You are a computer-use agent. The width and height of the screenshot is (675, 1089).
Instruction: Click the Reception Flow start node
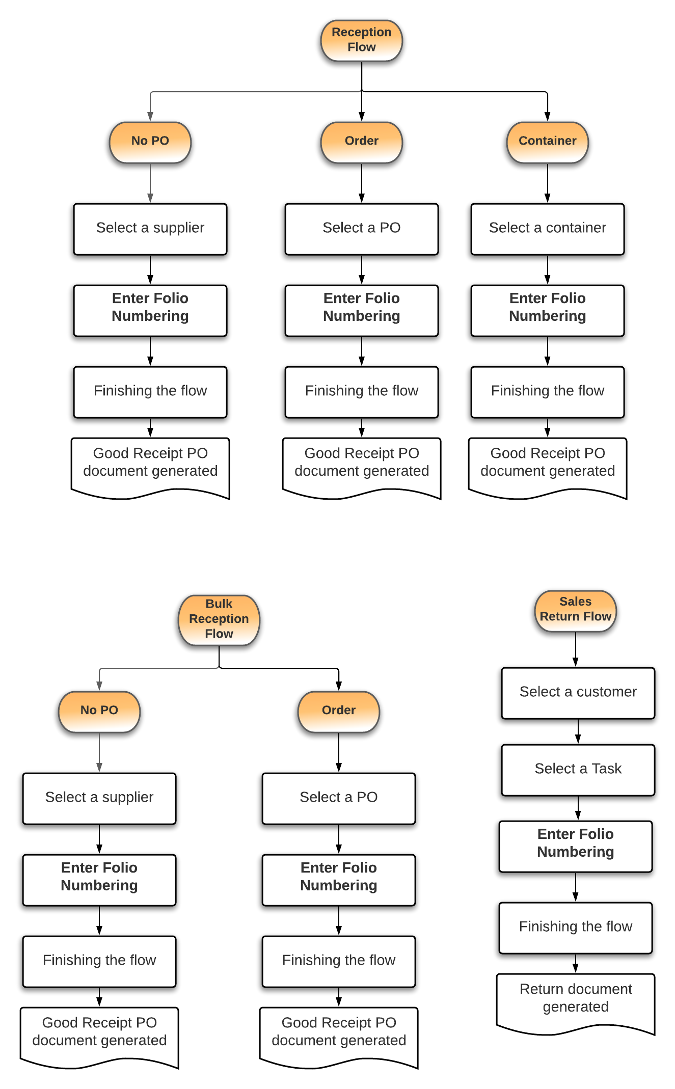pos(361,40)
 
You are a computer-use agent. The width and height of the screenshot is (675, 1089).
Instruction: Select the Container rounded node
pos(547,142)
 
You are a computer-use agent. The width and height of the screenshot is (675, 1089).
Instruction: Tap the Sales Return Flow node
pos(575,610)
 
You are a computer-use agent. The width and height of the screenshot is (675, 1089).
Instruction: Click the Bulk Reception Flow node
pos(219,619)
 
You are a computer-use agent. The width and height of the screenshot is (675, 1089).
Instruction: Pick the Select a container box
pos(547,229)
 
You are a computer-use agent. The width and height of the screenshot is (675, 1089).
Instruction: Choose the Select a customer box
pos(578,693)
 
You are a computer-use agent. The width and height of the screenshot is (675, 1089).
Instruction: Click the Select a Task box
pos(578,769)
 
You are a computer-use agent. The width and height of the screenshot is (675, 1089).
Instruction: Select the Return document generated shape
pos(576,999)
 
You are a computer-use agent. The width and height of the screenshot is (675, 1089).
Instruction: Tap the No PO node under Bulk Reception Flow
pos(99,711)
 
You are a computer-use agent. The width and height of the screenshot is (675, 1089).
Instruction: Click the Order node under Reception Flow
pos(361,142)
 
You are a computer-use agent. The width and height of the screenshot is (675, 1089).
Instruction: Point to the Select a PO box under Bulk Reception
pos(338,798)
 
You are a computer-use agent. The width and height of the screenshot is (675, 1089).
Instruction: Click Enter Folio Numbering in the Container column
pos(547,309)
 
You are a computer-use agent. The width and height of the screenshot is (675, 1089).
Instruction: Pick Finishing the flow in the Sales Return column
pos(576,927)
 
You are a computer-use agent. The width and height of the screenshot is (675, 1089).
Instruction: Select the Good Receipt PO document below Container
pos(547,464)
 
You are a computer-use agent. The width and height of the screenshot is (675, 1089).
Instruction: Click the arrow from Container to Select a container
pos(548,183)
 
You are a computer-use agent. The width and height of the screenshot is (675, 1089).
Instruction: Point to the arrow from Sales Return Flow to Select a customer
pos(576,649)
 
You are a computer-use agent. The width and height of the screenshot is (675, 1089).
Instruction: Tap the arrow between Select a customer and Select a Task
pos(578,731)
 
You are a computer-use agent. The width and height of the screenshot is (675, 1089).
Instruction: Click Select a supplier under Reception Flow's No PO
pos(150,229)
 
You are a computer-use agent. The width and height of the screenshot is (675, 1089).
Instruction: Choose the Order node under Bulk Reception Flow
pos(338,711)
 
